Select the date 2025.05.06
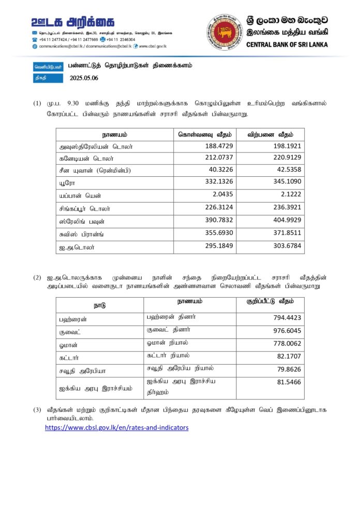(83, 79)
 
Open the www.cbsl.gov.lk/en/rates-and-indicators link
(116, 428)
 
